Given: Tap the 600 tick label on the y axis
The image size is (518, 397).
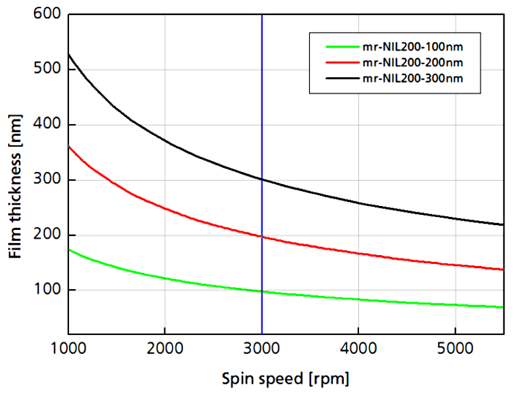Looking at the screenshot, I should coord(46,14).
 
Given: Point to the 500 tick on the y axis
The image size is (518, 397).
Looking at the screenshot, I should coord(46,70).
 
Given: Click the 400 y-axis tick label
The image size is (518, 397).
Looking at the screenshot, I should coord(46,125).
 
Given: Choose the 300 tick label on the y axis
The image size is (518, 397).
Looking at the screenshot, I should coord(46,180).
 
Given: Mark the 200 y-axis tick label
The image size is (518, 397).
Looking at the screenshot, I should coord(46,235).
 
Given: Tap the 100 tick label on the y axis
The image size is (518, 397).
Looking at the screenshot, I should coord(46,291).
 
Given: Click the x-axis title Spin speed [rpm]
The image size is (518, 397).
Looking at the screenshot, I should coord(285,377).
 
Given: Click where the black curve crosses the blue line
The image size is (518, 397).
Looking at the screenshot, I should coord(262,179).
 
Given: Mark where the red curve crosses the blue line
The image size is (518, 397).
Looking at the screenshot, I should coord(262,237).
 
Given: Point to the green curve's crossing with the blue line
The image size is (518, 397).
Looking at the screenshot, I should coord(262,291).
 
